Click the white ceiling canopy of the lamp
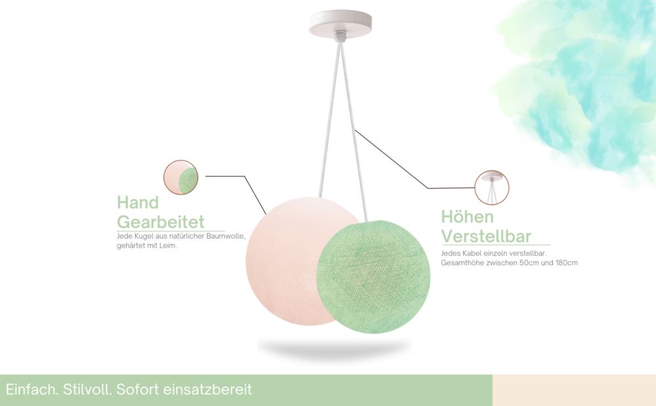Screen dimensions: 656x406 pyautogui.click(x=340, y=24)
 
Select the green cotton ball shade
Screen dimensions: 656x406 pyautogui.click(x=373, y=276)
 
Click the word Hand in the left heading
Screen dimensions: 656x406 pyautogui.click(x=138, y=203)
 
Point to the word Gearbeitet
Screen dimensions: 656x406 pyautogui.click(x=161, y=222)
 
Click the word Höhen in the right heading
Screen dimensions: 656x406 pyautogui.click(x=467, y=216)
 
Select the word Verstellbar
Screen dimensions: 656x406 pyautogui.click(x=486, y=236)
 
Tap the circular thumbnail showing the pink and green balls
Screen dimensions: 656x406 pyautogui.click(x=181, y=177)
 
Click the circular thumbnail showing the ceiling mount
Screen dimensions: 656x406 pyautogui.click(x=492, y=188)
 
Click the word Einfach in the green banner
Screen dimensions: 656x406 pyautogui.click(x=32, y=390)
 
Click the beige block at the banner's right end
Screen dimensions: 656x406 pyautogui.click(x=575, y=390)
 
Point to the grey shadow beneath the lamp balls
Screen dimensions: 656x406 pyautogui.click(x=335, y=348)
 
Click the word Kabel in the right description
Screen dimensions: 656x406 pyautogui.click(x=472, y=253)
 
